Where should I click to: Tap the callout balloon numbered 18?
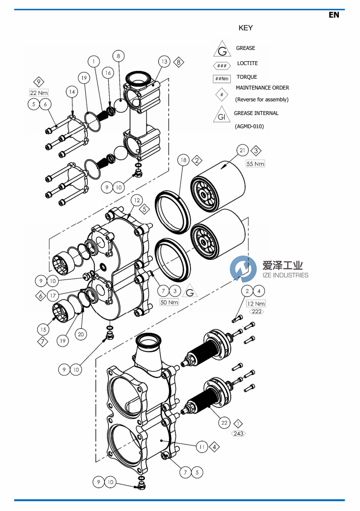coord(183,160)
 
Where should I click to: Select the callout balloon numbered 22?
coord(225,423)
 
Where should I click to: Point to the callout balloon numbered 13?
coord(164,62)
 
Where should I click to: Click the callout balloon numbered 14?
coord(72,92)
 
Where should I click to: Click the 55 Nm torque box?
coord(255,163)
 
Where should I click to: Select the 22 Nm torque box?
coord(39,93)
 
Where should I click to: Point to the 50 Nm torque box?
coord(169,302)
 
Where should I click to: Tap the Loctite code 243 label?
coord(239,434)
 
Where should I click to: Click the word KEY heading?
coord(245,28)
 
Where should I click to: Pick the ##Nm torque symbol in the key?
coord(222,79)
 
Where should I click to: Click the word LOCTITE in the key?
coord(247,63)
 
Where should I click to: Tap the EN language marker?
coord(334,15)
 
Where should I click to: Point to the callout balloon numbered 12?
coord(136,200)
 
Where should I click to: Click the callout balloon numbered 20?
coord(81,334)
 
